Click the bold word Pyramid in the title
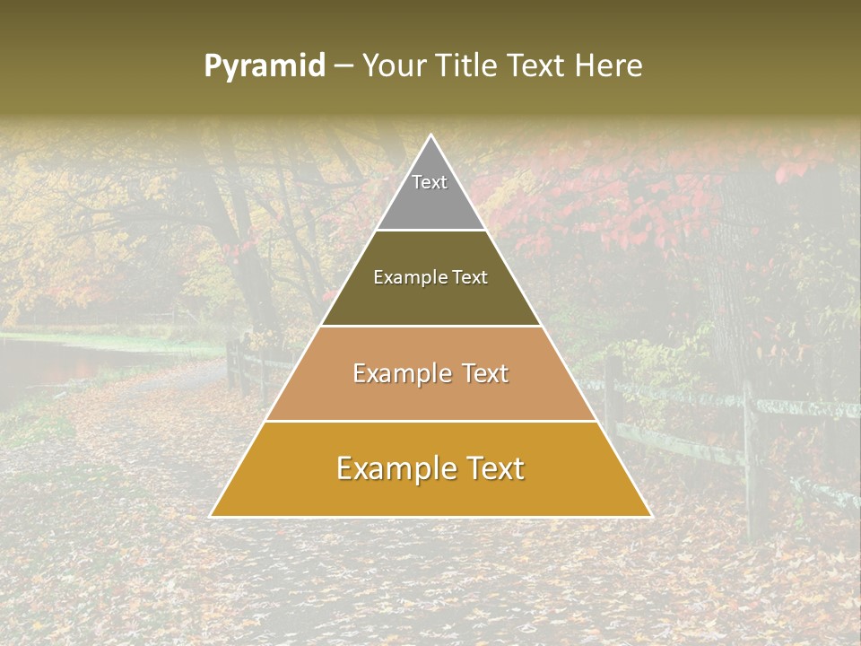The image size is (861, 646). [x=265, y=66]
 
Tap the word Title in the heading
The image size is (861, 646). [x=470, y=66]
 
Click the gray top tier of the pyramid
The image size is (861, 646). [x=430, y=202]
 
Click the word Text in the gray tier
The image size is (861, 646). [x=430, y=182]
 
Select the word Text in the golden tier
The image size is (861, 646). [x=491, y=468]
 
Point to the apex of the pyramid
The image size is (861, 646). [x=430, y=136]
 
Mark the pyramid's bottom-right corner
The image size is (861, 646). [x=650, y=516]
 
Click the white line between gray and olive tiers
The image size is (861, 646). [x=430, y=231]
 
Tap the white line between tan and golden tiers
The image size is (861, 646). [x=430, y=421]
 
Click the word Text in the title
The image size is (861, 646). [x=536, y=66]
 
